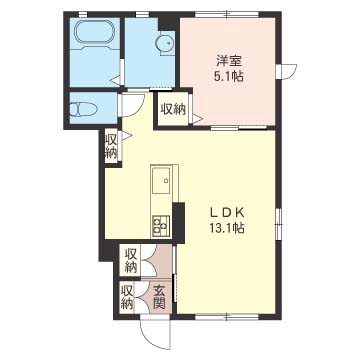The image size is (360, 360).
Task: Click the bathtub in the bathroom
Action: coord(95,34)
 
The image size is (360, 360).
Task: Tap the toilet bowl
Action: coord(83,109)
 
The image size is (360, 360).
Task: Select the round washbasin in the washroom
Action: coord(165,43)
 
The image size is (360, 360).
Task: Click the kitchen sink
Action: coord(161,180)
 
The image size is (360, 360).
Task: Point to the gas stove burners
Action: coord(161,226)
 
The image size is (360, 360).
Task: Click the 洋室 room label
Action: coord(229,62)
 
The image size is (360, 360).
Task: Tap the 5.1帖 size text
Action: coord(229,77)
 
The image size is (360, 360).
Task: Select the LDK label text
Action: coord(227,213)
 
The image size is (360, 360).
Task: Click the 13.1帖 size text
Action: coord(227,228)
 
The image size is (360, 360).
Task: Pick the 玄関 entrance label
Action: coord(159,298)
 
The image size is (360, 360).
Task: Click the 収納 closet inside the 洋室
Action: coord(173,109)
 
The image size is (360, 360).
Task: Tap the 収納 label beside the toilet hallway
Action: coord(111,147)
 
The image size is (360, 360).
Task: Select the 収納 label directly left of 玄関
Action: coord(127,297)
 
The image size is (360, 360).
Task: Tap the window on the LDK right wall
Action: coord(279,222)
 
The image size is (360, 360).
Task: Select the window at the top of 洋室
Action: coord(227,14)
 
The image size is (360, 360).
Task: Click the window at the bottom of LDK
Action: coord(227,317)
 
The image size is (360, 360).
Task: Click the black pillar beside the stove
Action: coord(179,223)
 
